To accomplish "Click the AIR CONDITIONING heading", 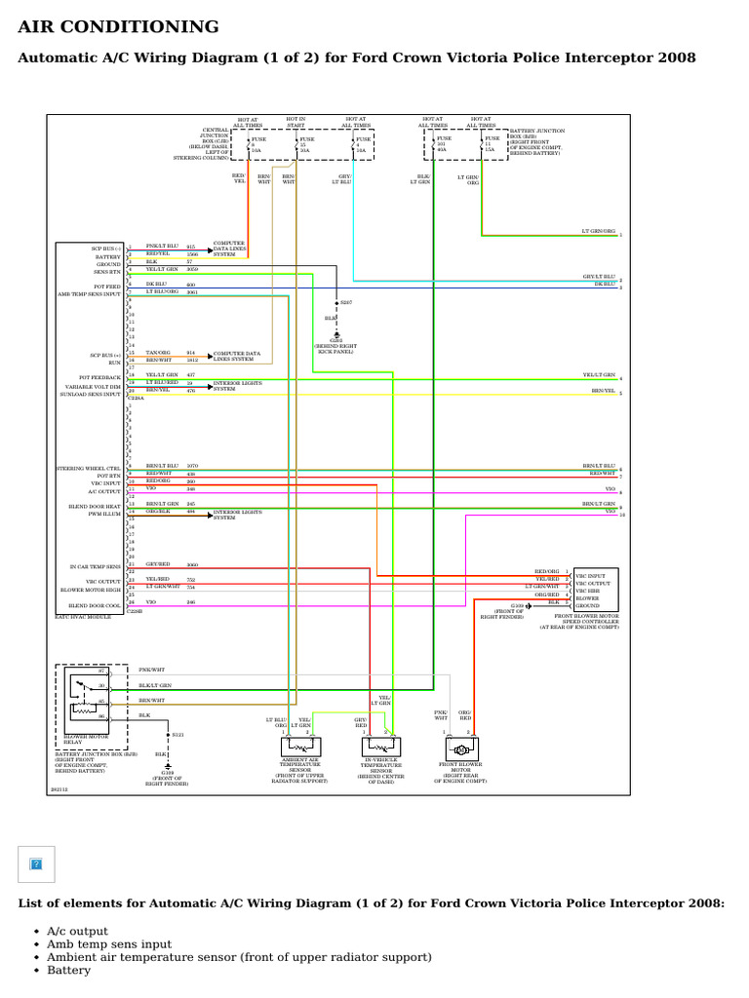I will point(119,27).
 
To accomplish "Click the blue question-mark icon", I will point(37,864).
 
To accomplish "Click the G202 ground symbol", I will point(336,334).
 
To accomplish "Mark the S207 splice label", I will point(346,303).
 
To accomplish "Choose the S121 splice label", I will point(177,733).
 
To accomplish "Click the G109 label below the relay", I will point(169,772).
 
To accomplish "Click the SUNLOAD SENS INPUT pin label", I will point(89,394).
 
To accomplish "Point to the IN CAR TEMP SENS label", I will point(95,566).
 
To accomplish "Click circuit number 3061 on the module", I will point(191,291).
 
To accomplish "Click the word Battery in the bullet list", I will point(68,971).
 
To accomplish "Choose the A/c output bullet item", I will point(77,931).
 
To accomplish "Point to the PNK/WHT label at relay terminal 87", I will point(152,671).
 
